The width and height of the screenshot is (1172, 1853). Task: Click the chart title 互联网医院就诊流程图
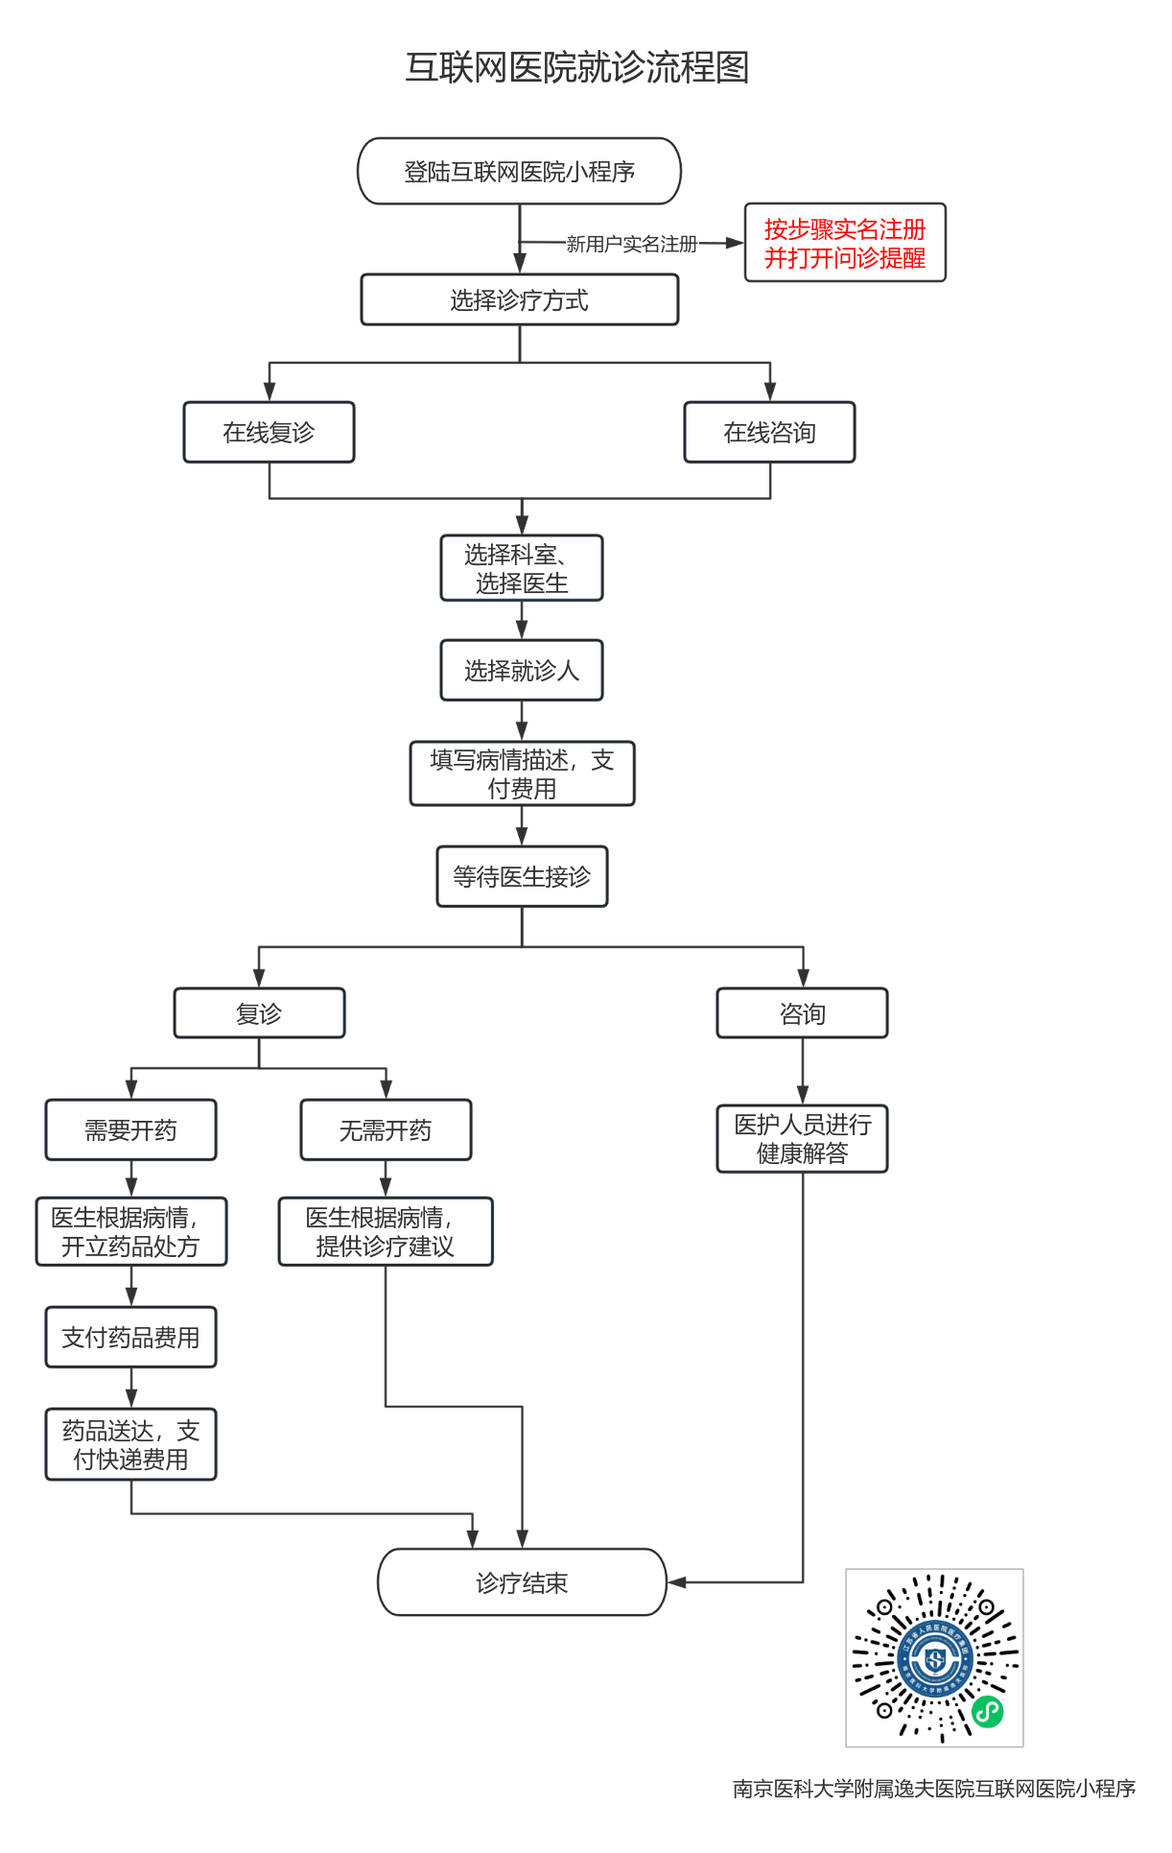click(576, 67)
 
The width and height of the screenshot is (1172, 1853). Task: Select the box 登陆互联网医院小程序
click(519, 172)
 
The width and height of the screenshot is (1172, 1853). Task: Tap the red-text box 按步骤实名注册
click(845, 243)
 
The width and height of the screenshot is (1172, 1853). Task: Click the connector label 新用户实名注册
click(631, 245)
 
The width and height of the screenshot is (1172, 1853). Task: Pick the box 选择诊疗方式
click(519, 300)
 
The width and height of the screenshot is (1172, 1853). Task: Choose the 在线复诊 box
click(269, 433)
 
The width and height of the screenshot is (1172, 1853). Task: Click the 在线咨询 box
click(769, 433)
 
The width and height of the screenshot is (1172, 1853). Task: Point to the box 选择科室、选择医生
click(522, 569)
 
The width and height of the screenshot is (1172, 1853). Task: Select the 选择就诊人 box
click(522, 671)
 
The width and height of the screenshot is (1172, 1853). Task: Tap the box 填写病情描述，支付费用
click(522, 774)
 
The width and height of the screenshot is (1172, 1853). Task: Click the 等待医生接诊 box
click(522, 877)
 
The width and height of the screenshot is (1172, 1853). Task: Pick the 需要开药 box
click(130, 1130)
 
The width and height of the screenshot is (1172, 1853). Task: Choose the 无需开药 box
click(386, 1130)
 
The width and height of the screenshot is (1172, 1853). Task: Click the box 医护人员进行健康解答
click(803, 1139)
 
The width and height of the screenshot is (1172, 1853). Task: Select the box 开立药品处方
click(130, 1232)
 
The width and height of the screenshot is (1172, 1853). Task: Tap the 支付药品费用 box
click(130, 1338)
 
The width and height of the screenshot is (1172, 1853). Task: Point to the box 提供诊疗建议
click(386, 1232)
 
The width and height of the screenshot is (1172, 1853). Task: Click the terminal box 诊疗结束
click(522, 1582)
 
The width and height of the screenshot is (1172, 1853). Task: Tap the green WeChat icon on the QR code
click(988, 1711)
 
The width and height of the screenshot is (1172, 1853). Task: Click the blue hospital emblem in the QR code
click(934, 1657)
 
